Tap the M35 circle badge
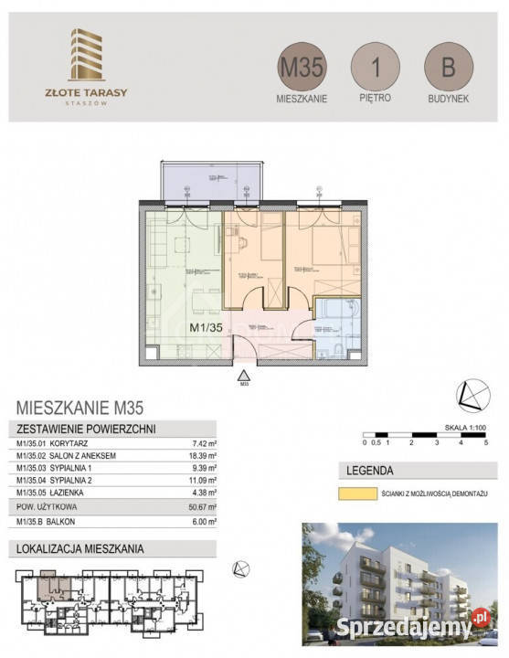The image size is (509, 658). pyautogui.click(x=301, y=67)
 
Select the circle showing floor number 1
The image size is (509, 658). pyautogui.click(x=375, y=67)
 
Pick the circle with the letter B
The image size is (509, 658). pyautogui.click(x=448, y=67)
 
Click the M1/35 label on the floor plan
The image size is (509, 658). pyautogui.click(x=206, y=326)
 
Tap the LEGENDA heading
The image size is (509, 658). pyautogui.click(x=370, y=472)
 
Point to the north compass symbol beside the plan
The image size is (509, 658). pyautogui.click(x=472, y=394)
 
